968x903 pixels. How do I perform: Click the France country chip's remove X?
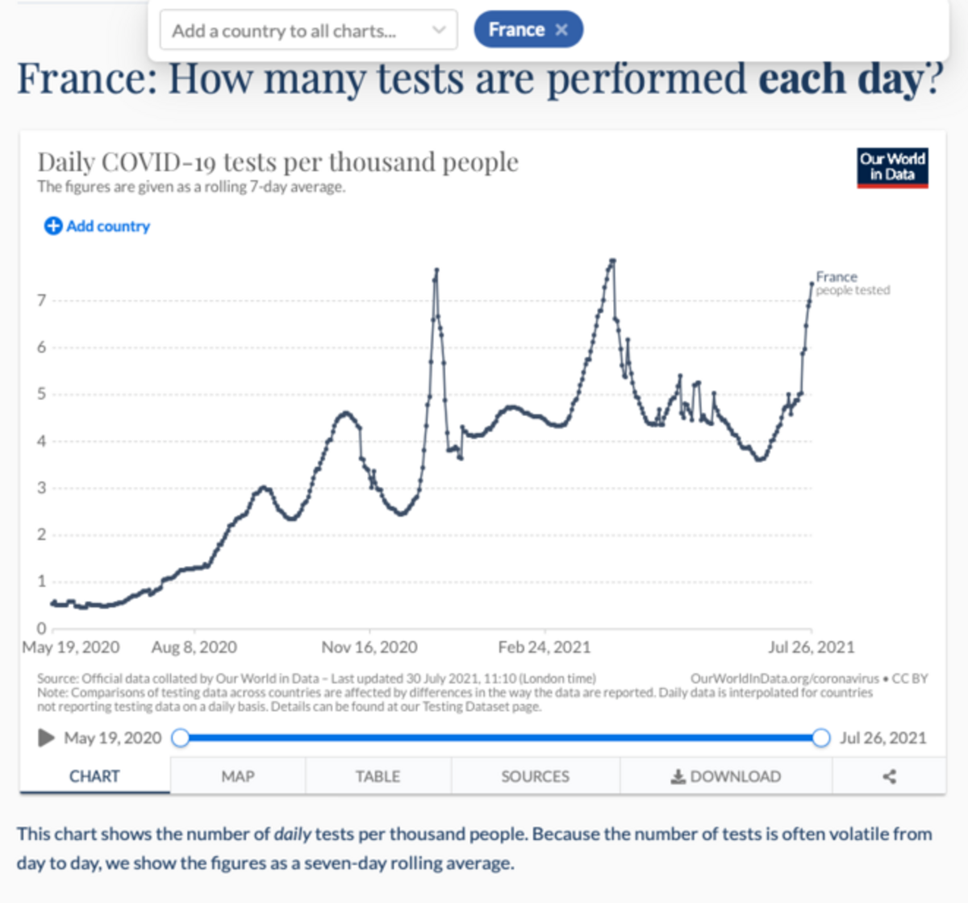pos(561,30)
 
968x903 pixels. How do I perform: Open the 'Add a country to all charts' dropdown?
pos(308,31)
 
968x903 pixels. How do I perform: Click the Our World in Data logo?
pos(892,167)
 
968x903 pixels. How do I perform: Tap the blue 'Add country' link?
pos(97,227)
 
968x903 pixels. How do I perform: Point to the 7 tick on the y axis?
pos(41,301)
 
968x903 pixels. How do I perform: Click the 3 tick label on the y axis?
pos(41,488)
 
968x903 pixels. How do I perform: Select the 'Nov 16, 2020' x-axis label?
pos(369,647)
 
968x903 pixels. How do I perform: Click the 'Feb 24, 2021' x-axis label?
pos(544,647)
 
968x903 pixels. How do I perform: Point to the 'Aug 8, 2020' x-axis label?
pos(194,647)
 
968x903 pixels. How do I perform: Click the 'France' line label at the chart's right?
pos(837,277)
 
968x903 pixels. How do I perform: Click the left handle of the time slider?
pos(181,738)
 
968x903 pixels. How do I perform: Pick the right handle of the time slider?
pos(821,738)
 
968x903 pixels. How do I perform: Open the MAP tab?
pos(238,776)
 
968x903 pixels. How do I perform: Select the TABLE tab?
pos(378,776)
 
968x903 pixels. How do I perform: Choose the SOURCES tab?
pos(535,776)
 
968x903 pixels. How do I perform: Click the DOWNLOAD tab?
pos(726,776)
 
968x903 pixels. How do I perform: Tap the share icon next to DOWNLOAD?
pos(889,776)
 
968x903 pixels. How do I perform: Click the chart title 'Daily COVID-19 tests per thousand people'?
pos(278,162)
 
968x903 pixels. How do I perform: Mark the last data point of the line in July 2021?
pos(812,283)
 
